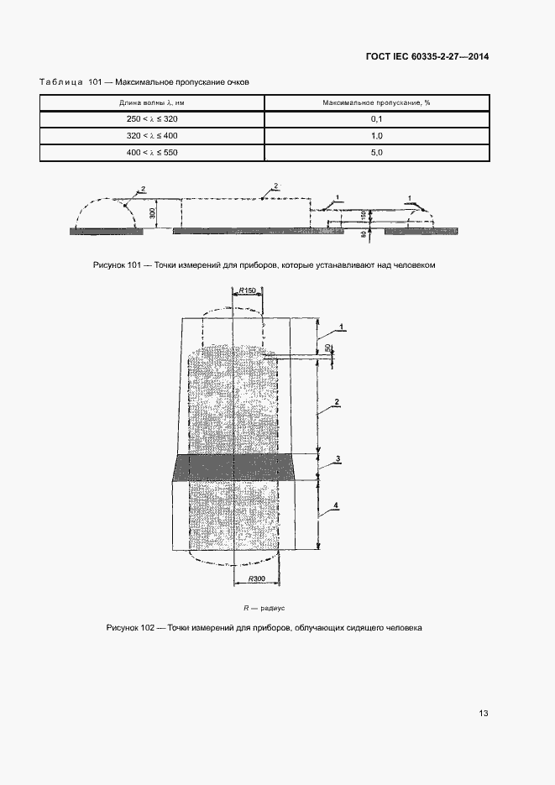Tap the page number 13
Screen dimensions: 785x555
pyautogui.click(x=483, y=714)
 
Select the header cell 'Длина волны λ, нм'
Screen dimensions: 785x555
pyautogui.click(x=152, y=102)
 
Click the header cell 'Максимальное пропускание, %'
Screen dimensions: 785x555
pyautogui.click(x=376, y=102)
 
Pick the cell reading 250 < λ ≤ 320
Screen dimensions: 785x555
pyautogui.click(x=152, y=119)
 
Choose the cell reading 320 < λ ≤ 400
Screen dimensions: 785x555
pyautogui.click(x=152, y=135)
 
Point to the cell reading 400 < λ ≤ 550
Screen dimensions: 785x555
pyautogui.click(x=152, y=152)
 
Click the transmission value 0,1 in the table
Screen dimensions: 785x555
pyautogui.click(x=376, y=119)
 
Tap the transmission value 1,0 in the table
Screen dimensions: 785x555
pyautogui.click(x=376, y=135)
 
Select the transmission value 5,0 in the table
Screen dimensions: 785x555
pyautogui.click(x=376, y=152)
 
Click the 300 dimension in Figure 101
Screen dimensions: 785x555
pyautogui.click(x=152, y=212)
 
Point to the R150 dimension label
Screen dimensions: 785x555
pyautogui.click(x=247, y=290)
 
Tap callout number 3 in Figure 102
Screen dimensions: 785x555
pyautogui.click(x=337, y=458)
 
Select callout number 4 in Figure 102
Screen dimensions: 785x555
pyautogui.click(x=336, y=505)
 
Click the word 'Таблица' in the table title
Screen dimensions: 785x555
pyautogui.click(x=60, y=81)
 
